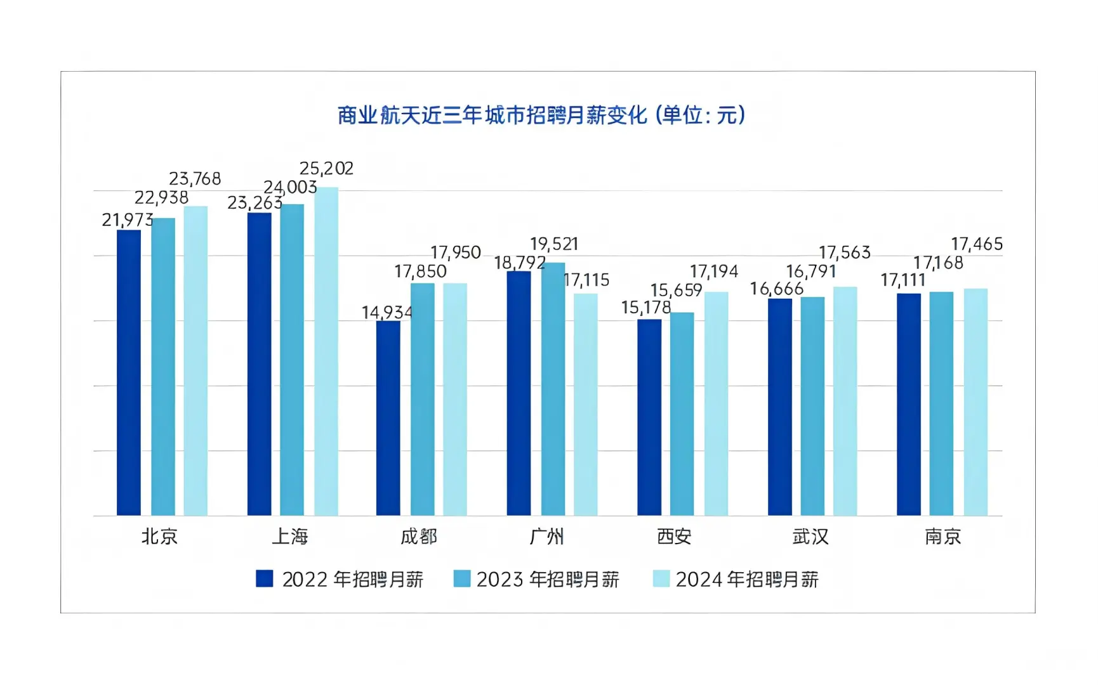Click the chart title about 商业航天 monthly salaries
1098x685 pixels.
[x=541, y=115]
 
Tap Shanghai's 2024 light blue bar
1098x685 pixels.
[x=326, y=352]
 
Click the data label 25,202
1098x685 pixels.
[x=326, y=169]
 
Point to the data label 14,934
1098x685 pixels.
[x=387, y=313]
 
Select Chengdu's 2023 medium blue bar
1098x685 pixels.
[x=422, y=400]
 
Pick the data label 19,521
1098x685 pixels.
[x=554, y=244]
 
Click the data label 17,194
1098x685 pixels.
[x=714, y=272]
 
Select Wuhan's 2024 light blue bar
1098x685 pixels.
[x=845, y=401]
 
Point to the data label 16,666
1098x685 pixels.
[x=777, y=289]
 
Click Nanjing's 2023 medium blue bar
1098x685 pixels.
[x=941, y=404]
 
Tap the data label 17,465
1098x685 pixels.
[x=977, y=244]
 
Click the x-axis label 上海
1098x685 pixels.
[x=290, y=537]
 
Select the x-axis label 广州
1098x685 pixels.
[x=546, y=537]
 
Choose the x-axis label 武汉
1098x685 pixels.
[x=810, y=537]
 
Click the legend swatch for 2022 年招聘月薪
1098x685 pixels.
[x=265, y=578]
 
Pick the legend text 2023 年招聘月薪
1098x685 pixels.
[x=547, y=580]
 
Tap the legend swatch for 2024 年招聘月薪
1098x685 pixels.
[x=661, y=578]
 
